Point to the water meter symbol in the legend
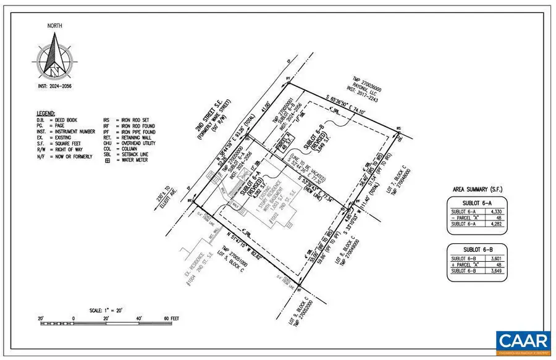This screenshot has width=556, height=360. pyautogui.click(x=107, y=161)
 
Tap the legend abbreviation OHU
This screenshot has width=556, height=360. pyautogui.click(x=107, y=143)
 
